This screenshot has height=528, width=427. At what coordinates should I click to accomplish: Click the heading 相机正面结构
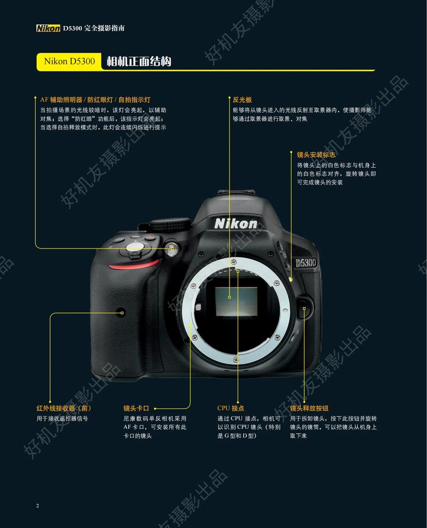[138, 61]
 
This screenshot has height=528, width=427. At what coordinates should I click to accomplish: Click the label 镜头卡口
[136, 409]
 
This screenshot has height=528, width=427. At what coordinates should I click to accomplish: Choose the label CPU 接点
[231, 409]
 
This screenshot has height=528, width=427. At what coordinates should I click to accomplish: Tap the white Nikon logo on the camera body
[236, 224]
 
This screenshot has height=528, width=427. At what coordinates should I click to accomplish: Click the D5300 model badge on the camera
[306, 262]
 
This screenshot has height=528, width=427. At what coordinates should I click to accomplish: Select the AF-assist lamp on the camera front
[171, 247]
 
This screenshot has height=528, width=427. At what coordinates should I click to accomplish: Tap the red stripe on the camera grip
[133, 264]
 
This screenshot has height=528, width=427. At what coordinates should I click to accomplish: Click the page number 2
[37, 505]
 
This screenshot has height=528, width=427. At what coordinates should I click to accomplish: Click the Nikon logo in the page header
[48, 28]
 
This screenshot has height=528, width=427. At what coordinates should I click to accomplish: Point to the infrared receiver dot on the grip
[121, 310]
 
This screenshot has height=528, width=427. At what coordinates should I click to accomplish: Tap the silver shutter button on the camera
[134, 247]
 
